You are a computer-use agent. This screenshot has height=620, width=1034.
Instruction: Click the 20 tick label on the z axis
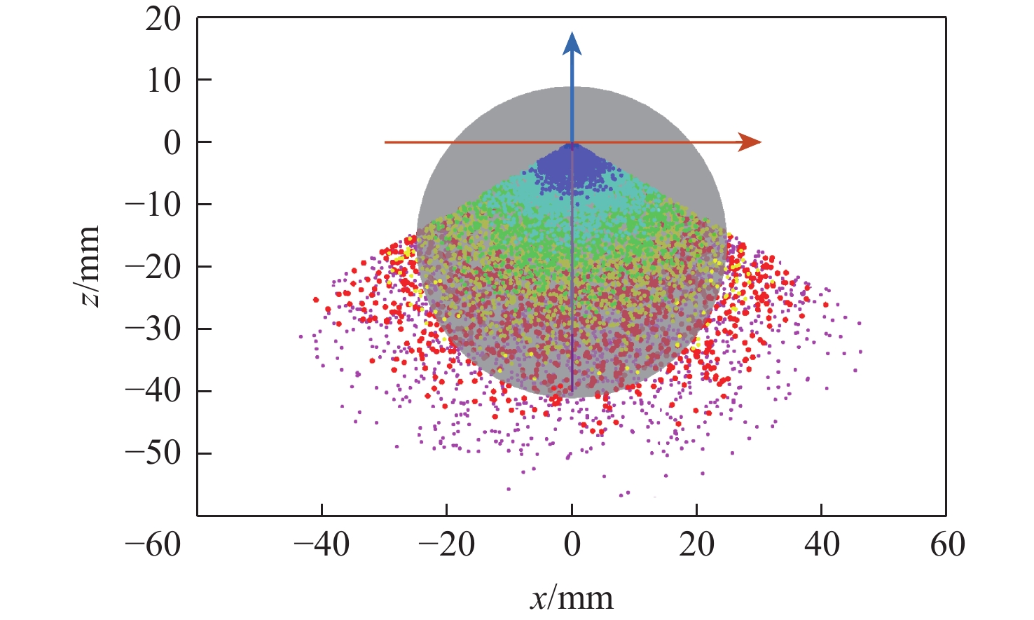click(x=163, y=19)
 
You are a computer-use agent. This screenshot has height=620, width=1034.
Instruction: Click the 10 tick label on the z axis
click(x=163, y=81)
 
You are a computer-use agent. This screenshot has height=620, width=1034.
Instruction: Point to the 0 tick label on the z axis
click(x=172, y=143)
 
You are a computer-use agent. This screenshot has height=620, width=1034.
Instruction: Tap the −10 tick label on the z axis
click(x=153, y=205)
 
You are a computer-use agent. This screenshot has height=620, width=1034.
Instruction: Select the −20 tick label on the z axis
click(x=153, y=267)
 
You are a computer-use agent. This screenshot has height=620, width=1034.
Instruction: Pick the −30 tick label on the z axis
click(x=153, y=329)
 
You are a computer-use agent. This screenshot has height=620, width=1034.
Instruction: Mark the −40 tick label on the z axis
click(x=153, y=391)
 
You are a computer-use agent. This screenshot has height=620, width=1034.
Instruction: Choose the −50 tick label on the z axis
click(x=153, y=453)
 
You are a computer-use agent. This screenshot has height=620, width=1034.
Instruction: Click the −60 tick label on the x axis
click(x=153, y=544)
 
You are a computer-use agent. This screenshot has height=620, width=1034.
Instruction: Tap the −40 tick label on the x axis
click(x=322, y=544)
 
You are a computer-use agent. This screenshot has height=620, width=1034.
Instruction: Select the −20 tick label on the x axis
click(x=446, y=544)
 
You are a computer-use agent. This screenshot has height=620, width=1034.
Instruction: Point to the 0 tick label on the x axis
click(x=572, y=544)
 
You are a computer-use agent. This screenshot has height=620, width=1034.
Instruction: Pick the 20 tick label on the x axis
click(x=697, y=544)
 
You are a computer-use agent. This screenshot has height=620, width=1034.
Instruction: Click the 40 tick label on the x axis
click(x=822, y=544)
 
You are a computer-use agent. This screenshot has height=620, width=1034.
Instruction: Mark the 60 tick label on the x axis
click(x=947, y=544)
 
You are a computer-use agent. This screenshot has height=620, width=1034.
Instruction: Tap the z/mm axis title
click(x=89, y=267)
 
